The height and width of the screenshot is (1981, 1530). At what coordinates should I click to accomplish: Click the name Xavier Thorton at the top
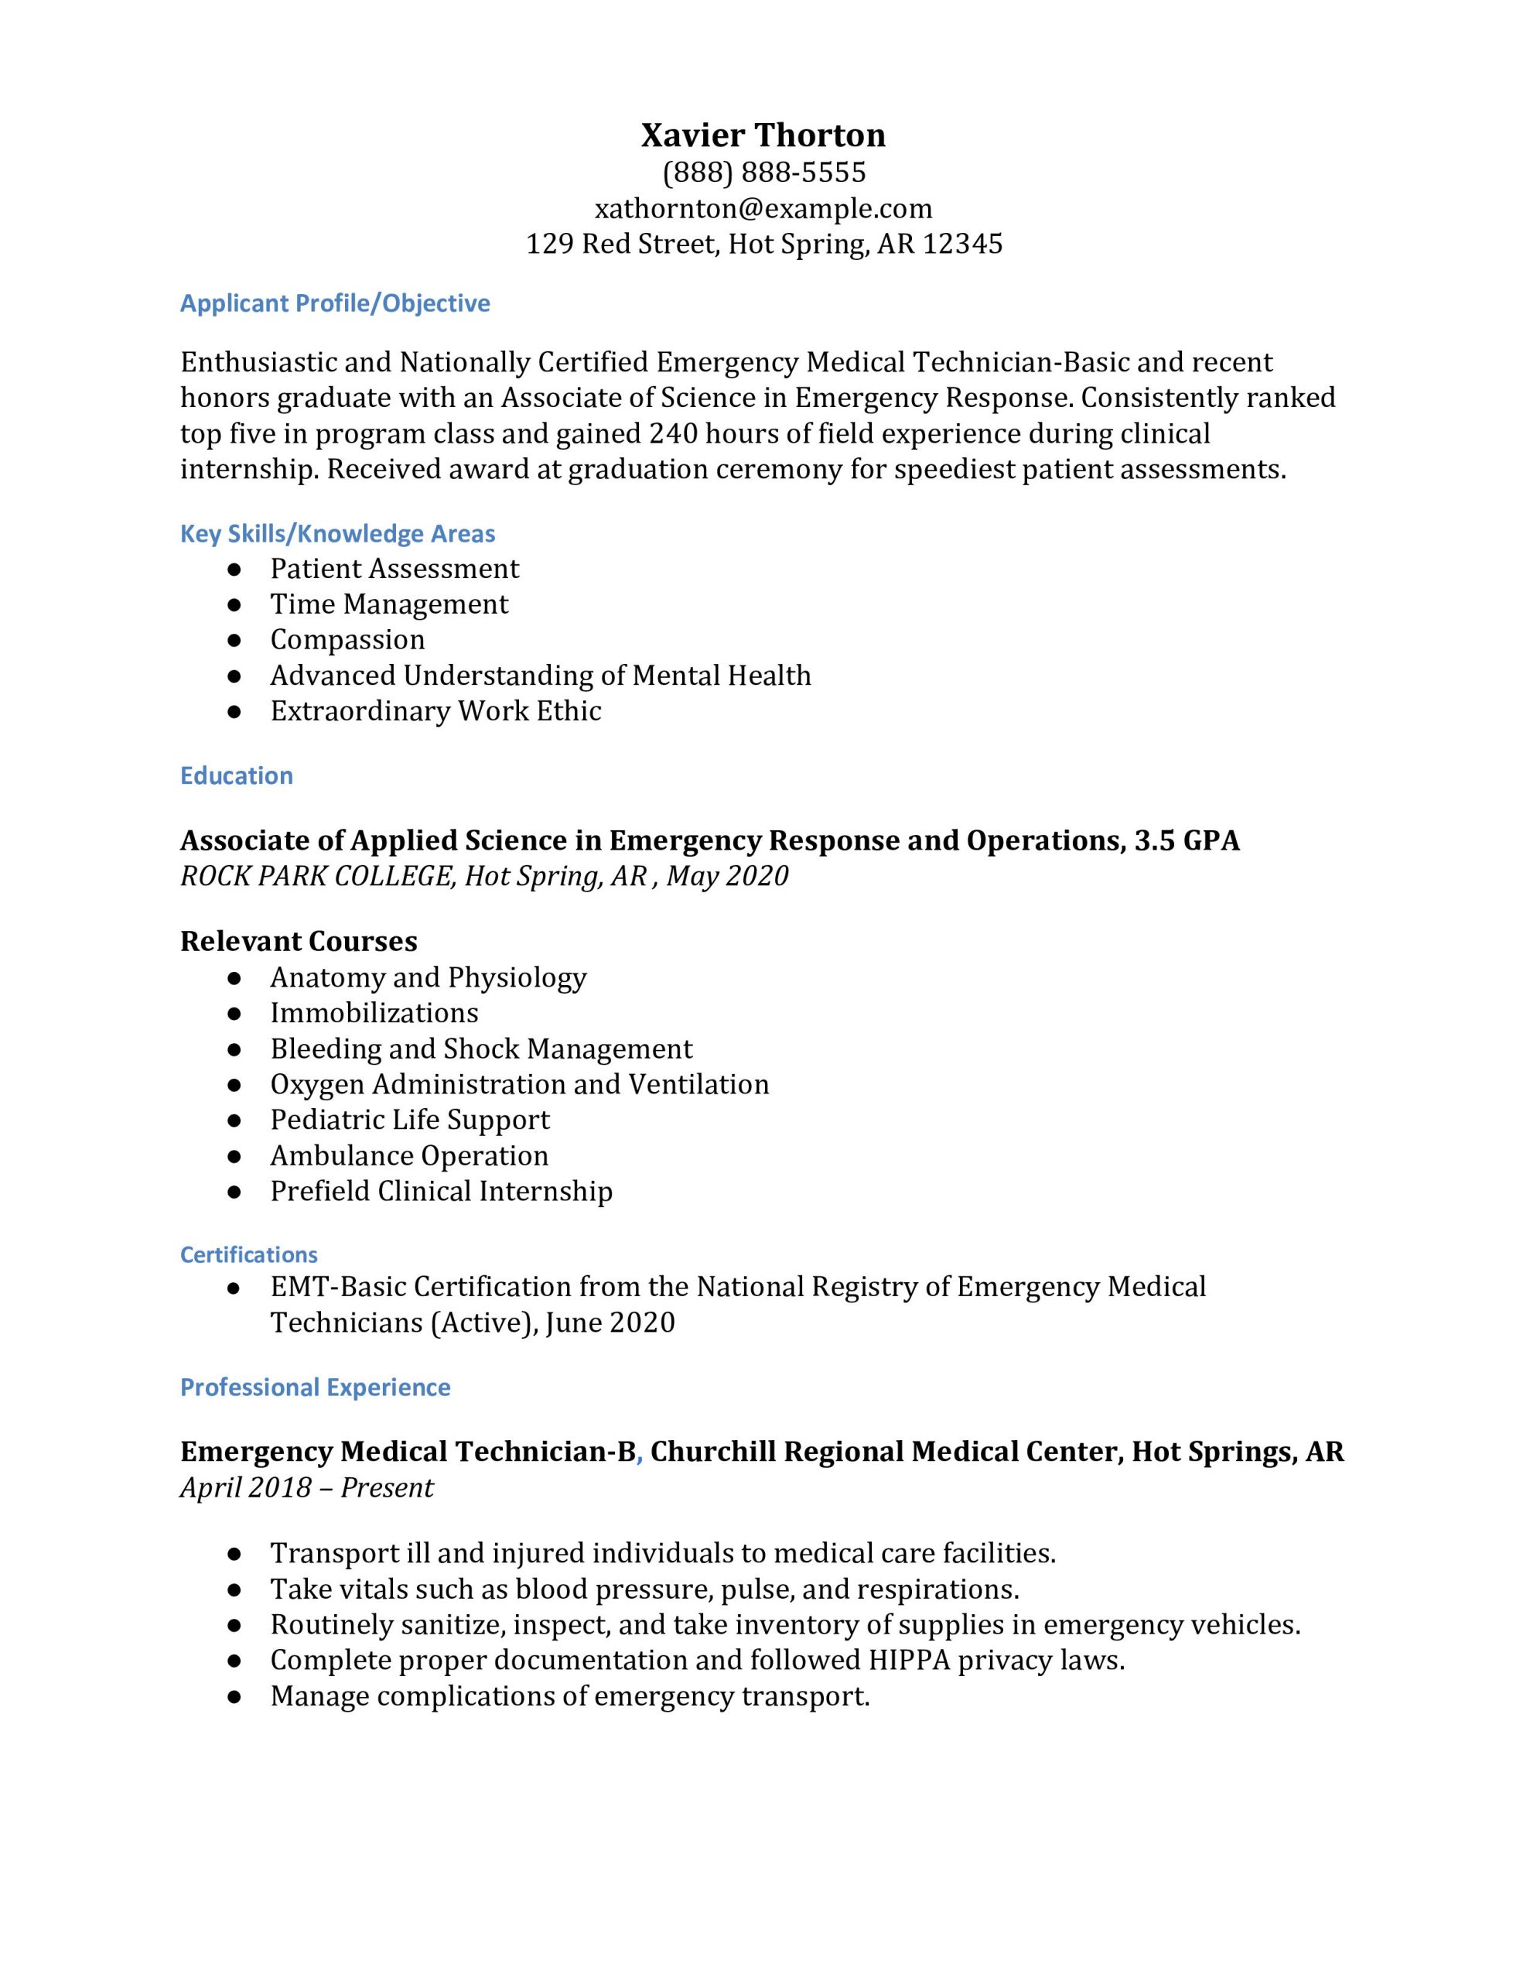point(763,135)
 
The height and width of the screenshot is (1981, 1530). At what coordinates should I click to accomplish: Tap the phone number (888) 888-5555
point(763,173)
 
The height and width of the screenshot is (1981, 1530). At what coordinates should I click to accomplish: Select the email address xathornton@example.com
point(763,209)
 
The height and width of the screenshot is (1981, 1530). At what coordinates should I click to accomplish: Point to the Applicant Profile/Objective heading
point(335,303)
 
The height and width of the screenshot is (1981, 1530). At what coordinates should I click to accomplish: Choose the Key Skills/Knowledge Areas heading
point(337,533)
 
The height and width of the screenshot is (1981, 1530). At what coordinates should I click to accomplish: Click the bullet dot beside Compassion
point(234,641)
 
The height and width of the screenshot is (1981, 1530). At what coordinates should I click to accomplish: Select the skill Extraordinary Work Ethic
point(435,711)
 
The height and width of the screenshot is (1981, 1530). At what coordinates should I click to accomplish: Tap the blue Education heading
point(237,775)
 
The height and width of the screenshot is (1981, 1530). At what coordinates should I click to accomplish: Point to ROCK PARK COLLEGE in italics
point(316,876)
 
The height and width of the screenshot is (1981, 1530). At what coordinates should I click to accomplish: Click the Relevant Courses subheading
point(299,942)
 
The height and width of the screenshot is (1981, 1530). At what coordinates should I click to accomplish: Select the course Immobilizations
point(374,1013)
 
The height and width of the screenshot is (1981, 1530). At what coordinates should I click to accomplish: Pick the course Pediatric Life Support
point(410,1121)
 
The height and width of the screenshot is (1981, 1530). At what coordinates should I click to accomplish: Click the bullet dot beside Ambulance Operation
point(234,1157)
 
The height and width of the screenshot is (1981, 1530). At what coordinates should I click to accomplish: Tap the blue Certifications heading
point(248,1254)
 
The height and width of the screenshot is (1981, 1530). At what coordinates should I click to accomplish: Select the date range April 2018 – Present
point(306,1487)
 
